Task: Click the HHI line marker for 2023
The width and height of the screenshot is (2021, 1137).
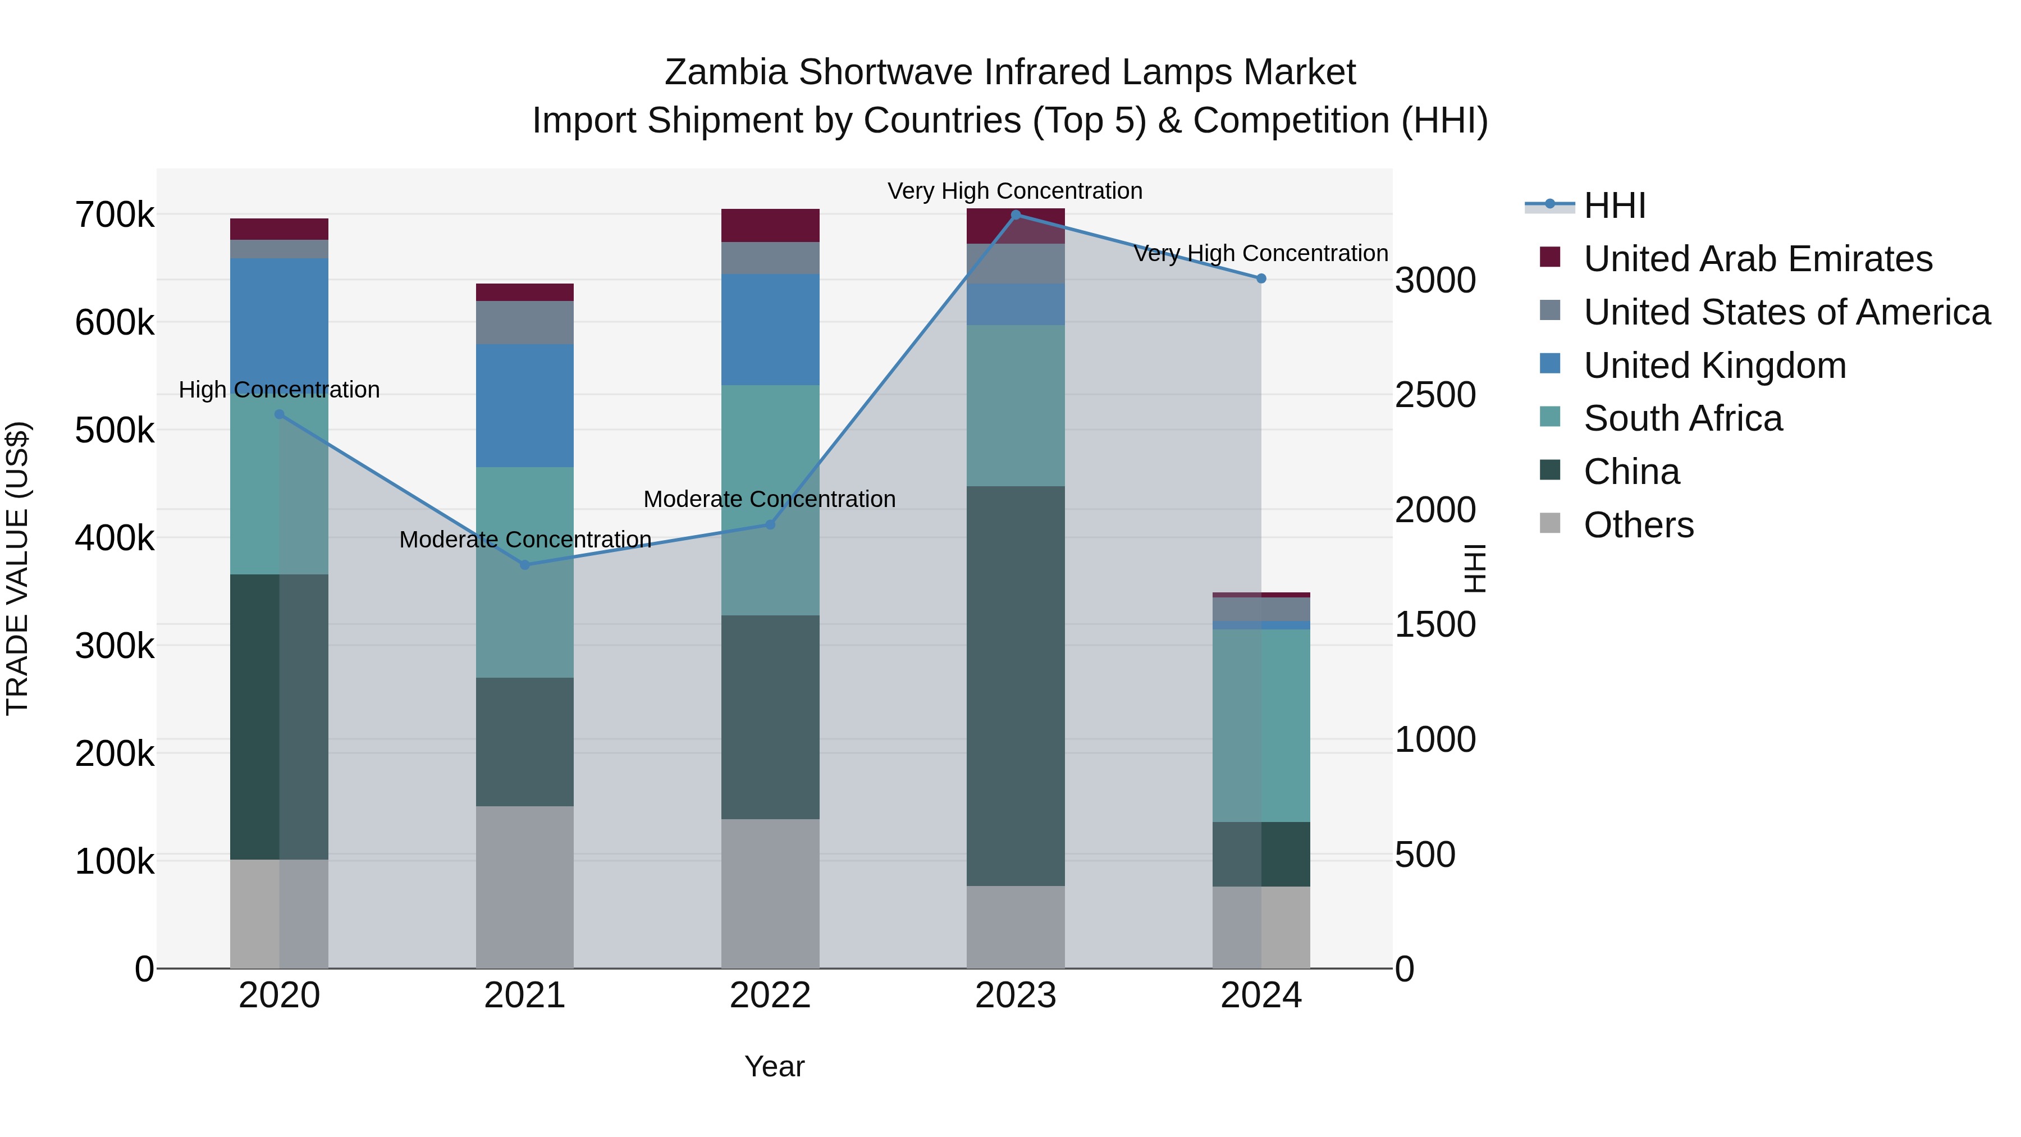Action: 1015,215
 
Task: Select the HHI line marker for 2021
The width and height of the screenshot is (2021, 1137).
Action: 525,565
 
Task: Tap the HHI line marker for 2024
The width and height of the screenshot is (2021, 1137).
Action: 1261,278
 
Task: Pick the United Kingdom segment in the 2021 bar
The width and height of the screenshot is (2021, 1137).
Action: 525,406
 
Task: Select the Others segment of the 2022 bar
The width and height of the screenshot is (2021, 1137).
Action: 770,894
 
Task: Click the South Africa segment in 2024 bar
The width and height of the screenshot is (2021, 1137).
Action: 1261,726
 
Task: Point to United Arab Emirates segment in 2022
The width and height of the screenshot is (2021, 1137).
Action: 770,225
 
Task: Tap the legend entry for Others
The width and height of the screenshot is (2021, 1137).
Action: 1638,525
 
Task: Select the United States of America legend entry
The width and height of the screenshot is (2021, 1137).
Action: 1786,312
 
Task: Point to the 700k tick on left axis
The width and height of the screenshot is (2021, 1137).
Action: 115,215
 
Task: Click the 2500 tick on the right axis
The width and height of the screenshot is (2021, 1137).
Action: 1435,395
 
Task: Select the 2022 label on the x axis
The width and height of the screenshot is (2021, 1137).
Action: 770,996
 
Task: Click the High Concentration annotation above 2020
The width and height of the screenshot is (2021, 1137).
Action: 280,390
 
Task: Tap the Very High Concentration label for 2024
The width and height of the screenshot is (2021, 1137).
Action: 1261,253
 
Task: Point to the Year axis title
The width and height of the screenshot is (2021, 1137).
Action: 774,1066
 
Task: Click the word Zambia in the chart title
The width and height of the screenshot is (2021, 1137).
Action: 725,72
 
